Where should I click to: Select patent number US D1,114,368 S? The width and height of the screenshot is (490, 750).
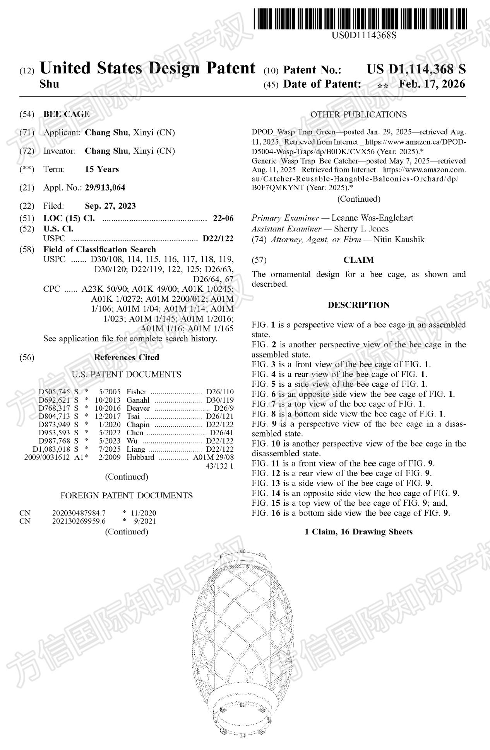[416, 70]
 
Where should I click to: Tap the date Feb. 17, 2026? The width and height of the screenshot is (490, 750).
[432, 84]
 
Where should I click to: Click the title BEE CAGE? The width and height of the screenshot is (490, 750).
[66, 114]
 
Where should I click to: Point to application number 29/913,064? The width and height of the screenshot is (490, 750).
[105, 188]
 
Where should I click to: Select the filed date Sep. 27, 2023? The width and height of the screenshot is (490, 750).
[110, 206]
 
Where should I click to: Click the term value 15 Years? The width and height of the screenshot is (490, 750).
[102, 169]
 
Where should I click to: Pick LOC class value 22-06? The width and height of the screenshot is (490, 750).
[223, 218]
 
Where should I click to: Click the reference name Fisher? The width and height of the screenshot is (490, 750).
[137, 392]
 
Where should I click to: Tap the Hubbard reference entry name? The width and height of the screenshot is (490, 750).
[140, 457]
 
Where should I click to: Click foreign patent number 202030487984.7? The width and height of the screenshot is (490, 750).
[79, 513]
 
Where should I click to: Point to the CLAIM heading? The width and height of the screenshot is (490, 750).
[358, 260]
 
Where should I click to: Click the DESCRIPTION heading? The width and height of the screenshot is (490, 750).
[358, 305]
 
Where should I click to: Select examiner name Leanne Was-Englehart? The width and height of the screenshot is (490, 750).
[372, 218]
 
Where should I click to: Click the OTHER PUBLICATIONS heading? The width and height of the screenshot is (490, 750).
[358, 115]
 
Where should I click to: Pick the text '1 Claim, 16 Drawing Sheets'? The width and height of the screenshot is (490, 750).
[358, 532]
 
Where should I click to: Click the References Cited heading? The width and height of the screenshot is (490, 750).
[127, 357]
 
